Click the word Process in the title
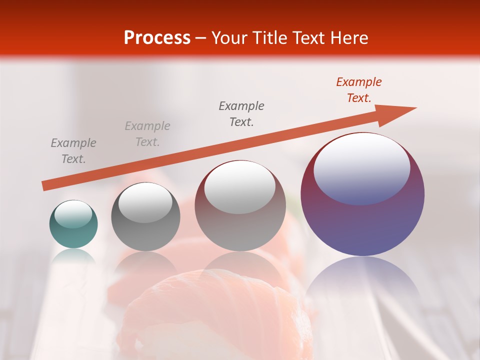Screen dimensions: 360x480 (157, 38)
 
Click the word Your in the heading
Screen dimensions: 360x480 (229, 38)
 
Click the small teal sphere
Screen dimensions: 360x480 (73, 224)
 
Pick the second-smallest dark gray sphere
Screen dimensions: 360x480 (145, 216)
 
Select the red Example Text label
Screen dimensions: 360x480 (358, 90)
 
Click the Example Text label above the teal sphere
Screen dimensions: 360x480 (73, 151)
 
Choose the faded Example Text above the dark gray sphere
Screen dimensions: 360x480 (147, 134)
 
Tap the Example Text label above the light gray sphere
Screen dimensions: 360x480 (241, 113)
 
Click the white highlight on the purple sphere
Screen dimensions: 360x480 (361, 167)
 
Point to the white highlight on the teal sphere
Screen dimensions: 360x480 (73, 214)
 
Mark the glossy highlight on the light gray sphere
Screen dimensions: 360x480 (240, 186)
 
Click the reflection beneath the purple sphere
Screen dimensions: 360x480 (362, 280)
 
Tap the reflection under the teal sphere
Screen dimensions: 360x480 (73, 256)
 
